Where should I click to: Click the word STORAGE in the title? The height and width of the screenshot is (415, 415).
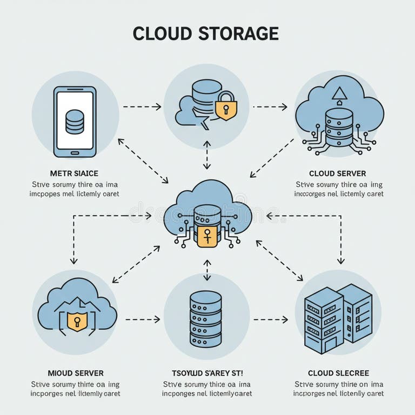pyautogui.click(x=238, y=34)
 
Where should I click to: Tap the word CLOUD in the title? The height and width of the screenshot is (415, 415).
pyautogui.click(x=162, y=34)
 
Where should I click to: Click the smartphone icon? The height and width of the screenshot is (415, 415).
pyautogui.click(x=75, y=122)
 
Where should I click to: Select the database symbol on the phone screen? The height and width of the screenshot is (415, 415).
pyautogui.click(x=75, y=122)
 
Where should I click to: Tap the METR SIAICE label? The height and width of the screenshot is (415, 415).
pyautogui.click(x=74, y=173)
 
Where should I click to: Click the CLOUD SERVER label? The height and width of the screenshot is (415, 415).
pyautogui.click(x=338, y=173)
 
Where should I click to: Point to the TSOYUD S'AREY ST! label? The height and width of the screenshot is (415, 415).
pyautogui.click(x=207, y=373)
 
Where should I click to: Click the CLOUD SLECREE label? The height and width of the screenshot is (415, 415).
pyautogui.click(x=338, y=373)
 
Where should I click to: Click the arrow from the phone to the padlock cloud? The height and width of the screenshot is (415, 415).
pyautogui.click(x=142, y=107)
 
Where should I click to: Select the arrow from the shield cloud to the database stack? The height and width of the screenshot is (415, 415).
pyautogui.click(x=143, y=319)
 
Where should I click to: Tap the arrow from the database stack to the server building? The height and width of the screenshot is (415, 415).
pyautogui.click(x=270, y=319)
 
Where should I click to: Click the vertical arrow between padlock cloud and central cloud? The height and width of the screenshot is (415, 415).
pyautogui.click(x=206, y=156)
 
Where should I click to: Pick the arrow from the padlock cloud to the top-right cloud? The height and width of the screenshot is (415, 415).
pyautogui.click(x=270, y=107)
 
